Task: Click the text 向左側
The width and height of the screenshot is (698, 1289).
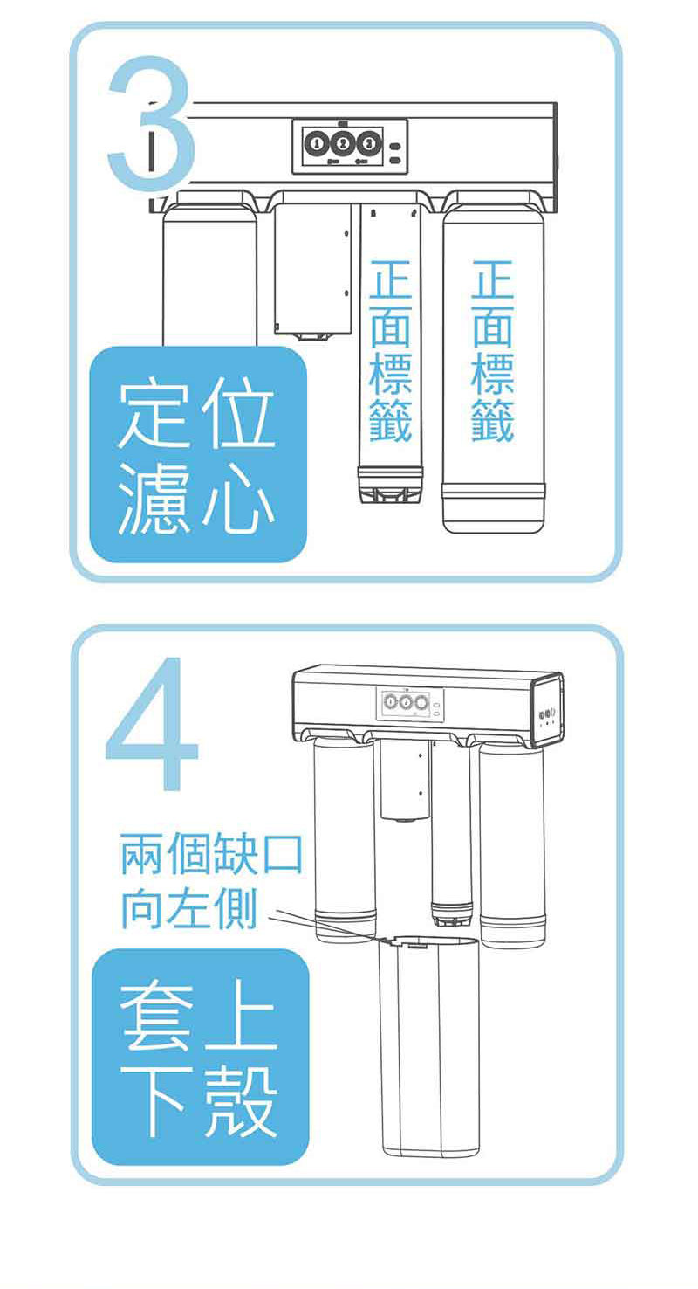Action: click(188, 908)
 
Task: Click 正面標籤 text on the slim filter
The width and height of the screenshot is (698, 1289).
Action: click(391, 349)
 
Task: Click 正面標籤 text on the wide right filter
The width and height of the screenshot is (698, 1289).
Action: click(492, 349)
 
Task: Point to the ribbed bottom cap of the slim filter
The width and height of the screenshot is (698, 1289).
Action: click(390, 486)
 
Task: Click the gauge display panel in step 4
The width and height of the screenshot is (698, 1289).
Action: click(408, 703)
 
